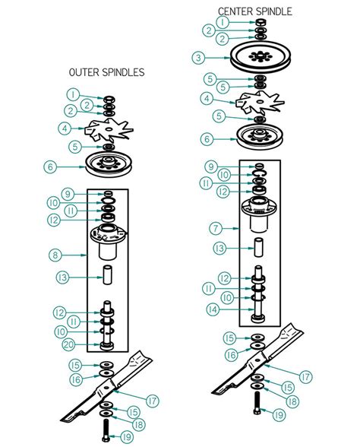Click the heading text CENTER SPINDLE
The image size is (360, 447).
pyautogui.click(x=255, y=11)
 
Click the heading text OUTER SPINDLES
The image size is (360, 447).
pyautogui.click(x=106, y=72)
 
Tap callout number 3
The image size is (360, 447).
pyautogui.click(x=198, y=58)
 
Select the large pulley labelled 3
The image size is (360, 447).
pyautogui.click(x=261, y=58)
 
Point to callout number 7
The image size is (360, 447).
pyautogui.click(x=216, y=228)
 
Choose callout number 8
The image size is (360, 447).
pyautogui.click(x=55, y=255)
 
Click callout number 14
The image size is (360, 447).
pyautogui.click(x=213, y=309)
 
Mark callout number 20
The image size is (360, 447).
pyautogui.click(x=68, y=345)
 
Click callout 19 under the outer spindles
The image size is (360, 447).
pyautogui.click(x=127, y=436)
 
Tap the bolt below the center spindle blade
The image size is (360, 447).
pyautogui.click(x=257, y=403)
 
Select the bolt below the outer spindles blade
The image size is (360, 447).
pyautogui.click(x=106, y=430)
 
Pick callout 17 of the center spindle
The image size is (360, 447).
pyautogui.click(x=305, y=376)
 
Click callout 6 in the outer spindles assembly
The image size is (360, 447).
pyautogui.click(x=50, y=166)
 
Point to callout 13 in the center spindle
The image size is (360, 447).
pyautogui.click(x=219, y=249)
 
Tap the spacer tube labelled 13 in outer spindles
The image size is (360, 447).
pyautogui.click(x=107, y=274)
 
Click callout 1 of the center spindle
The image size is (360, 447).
pyautogui.click(x=223, y=22)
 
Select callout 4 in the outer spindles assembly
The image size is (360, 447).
pyautogui.click(x=65, y=128)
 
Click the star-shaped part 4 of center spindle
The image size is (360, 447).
pyautogui.click(x=260, y=102)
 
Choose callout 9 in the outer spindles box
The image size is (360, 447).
pyautogui.click(x=68, y=194)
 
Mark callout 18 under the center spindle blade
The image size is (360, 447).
pyautogui.click(x=292, y=401)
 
